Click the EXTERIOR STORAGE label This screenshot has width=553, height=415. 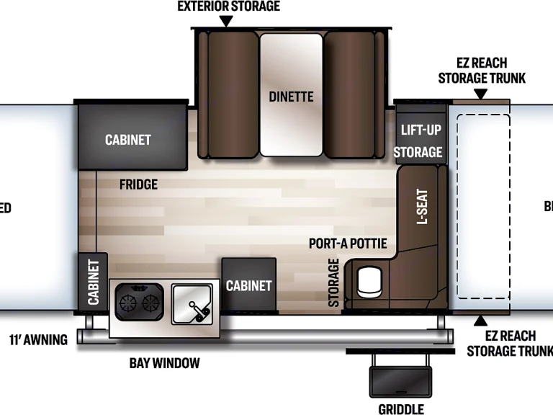229,6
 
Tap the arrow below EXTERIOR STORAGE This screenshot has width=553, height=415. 226,22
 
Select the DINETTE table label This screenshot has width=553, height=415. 291,96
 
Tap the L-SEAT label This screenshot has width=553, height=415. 422,207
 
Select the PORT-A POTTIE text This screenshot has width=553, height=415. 348,244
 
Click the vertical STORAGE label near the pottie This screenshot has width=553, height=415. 334,282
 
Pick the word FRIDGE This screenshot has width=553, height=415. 138,184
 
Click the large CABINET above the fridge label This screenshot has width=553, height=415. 128,139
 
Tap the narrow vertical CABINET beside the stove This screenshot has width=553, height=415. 94,282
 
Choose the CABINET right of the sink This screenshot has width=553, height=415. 248,285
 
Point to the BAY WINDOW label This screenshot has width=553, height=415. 164,362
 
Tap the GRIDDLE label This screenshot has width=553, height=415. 401,409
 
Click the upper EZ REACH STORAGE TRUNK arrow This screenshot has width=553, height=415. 480,94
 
